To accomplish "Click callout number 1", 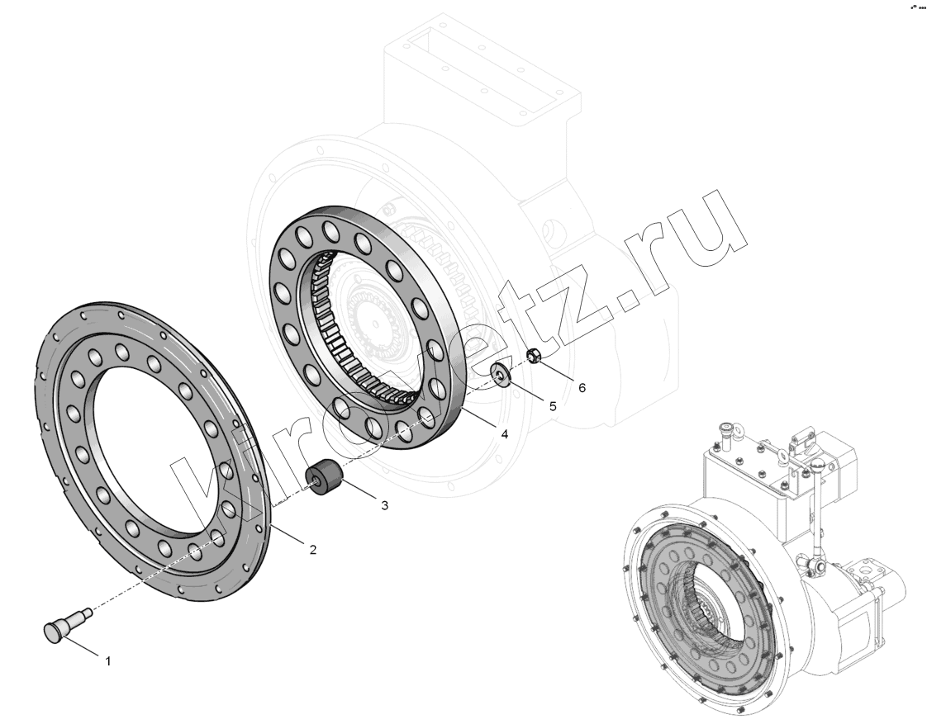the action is (108, 661).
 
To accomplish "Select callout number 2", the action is (313, 550).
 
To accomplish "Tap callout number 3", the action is (384, 505).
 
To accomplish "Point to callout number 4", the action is (504, 434).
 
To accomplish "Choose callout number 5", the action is (553, 406).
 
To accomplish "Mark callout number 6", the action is (582, 387).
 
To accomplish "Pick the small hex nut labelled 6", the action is (533, 356).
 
